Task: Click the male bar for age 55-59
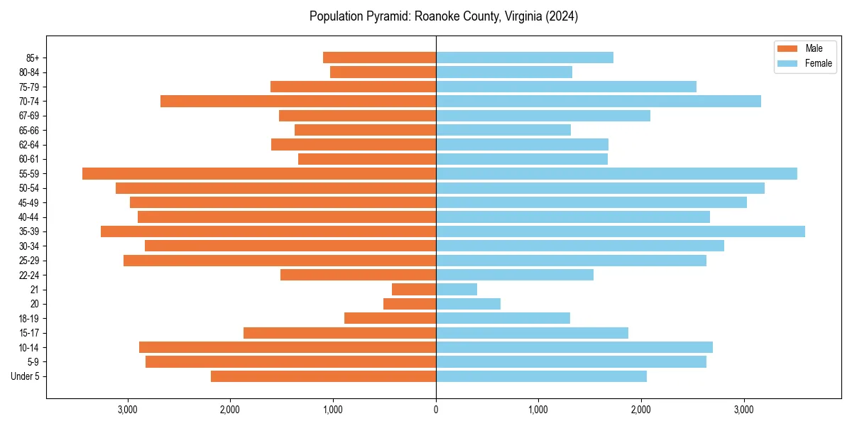coord(259,173)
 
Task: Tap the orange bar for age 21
coord(414,289)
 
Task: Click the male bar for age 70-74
coord(298,101)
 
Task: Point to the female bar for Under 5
coord(541,376)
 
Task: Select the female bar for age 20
coord(468,304)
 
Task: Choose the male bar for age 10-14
coord(288,347)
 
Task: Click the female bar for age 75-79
coord(566,87)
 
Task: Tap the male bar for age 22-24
coord(358,275)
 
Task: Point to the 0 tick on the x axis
coord(436,410)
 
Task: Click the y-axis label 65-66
coord(28,130)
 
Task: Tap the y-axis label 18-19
coord(28,318)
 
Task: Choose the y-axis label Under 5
coord(26,376)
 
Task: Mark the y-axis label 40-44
coord(28,217)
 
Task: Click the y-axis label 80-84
coord(28,72)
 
